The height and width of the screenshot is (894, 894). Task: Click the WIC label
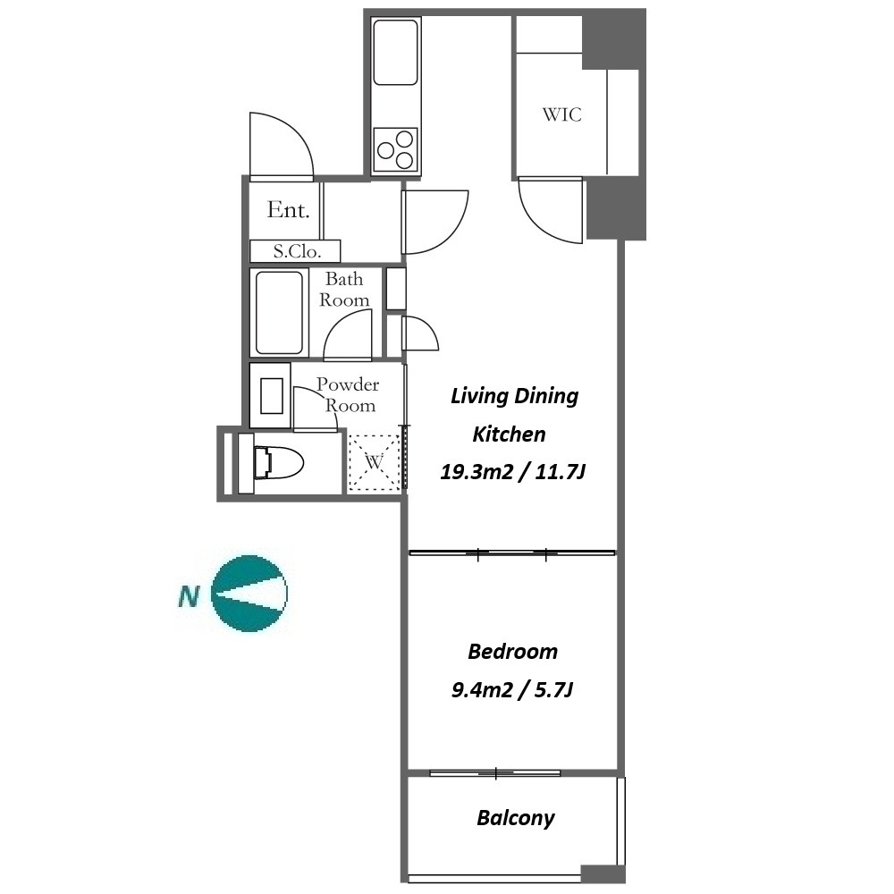coord(561,114)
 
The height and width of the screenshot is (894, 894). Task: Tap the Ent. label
coord(289,210)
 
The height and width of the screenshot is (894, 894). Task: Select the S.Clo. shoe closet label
coord(297,251)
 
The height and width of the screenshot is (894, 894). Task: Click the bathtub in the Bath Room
coord(279,312)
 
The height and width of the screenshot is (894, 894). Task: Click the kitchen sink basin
coord(395,53)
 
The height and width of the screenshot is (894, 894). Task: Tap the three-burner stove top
coord(395,150)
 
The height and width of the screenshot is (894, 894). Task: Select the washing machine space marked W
coord(374,462)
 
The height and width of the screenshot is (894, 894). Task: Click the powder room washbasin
coord(272,396)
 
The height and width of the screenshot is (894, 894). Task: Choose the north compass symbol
coord(249,594)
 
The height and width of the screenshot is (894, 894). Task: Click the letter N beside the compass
coord(189,596)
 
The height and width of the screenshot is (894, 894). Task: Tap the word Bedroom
coord(512,651)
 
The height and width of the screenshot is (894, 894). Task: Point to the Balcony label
coord(516,818)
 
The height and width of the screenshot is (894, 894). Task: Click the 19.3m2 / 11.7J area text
coord(512,471)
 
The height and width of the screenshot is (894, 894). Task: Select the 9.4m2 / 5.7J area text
coord(512,690)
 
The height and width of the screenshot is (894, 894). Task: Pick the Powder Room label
coord(347,394)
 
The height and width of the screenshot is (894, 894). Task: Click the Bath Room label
coord(344,289)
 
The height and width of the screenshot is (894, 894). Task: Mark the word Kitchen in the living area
coord(509,434)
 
